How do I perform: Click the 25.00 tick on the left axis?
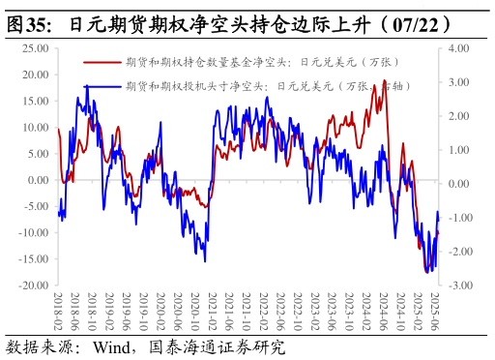point(35,47)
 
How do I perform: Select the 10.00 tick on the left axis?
point(35,127)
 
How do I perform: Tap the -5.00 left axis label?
point(35,206)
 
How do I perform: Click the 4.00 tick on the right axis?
point(458,47)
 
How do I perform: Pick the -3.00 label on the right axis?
point(457,285)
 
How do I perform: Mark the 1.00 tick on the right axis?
point(458,150)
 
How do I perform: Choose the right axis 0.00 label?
point(458,184)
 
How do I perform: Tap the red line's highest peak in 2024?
point(385,81)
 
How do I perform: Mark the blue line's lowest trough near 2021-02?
point(204,259)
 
